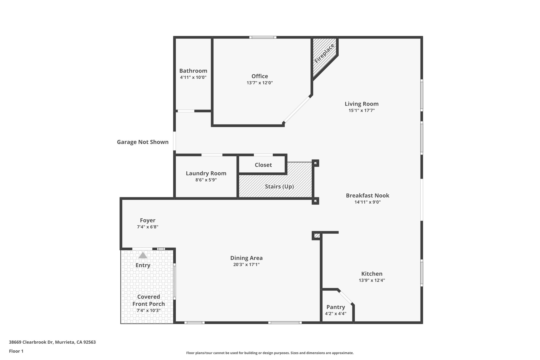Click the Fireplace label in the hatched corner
[x=324, y=54]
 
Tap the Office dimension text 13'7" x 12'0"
[x=260, y=83]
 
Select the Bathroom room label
[x=193, y=71]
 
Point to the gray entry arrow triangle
[x=143, y=255]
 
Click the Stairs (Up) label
[x=279, y=186]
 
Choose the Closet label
[x=263, y=165]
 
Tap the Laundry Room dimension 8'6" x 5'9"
[x=206, y=180]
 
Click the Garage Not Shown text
[x=143, y=142]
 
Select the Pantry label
[x=336, y=307]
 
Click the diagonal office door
[x=297, y=109]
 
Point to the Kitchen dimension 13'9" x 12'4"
[x=372, y=280]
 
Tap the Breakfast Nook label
[x=368, y=195]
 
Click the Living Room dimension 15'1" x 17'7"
[x=361, y=111]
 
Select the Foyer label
[x=147, y=220]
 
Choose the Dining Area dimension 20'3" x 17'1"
[x=246, y=265]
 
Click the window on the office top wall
[x=263, y=37]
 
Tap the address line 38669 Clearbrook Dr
[x=52, y=342]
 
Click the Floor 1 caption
[x=16, y=351]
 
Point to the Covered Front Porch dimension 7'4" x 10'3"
[x=148, y=310]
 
